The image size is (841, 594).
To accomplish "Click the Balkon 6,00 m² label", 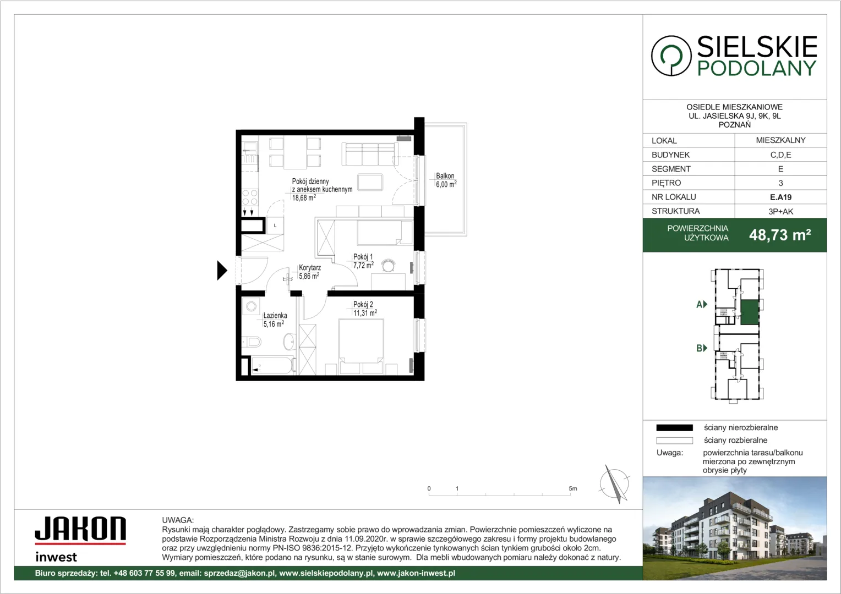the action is click(x=446, y=180).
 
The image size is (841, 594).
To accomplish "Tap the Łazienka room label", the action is click(x=275, y=316).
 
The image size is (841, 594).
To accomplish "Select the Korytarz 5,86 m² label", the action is click(x=309, y=272).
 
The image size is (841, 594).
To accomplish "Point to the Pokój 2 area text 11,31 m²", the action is click(x=365, y=312).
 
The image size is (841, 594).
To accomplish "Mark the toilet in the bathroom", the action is click(x=252, y=342).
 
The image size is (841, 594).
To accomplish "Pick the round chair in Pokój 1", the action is click(x=388, y=266).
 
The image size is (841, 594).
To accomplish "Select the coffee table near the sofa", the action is click(x=370, y=183).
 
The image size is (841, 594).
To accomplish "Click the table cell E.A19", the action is click(x=780, y=197).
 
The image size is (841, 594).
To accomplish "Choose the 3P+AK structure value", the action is click(x=780, y=211).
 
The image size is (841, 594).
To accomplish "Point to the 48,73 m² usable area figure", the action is click(x=780, y=235).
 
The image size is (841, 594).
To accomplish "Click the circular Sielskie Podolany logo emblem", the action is click(x=671, y=56).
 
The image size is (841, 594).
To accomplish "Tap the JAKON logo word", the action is click(x=80, y=529).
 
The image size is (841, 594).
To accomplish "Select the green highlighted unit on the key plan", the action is click(x=750, y=312).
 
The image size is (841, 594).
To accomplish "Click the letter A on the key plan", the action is click(x=699, y=304).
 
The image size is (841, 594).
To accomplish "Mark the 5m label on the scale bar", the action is click(x=572, y=488).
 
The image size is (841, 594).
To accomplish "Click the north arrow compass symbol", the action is click(x=614, y=483).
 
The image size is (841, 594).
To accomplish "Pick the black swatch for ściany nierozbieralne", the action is click(x=674, y=428).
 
